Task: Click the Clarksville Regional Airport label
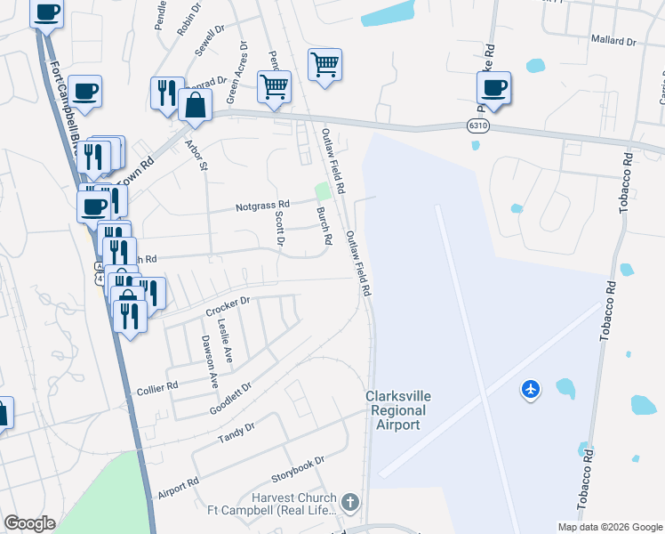[396, 410]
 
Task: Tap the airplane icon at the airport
[531, 389]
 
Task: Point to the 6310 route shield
[477, 126]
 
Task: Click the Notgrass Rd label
[262, 206]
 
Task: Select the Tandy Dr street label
[236, 433]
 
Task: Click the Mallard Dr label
[613, 41]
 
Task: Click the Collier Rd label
[157, 387]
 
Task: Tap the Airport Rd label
[178, 489]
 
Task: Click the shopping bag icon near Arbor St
[195, 104]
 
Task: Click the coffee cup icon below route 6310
[493, 88]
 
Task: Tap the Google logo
[29, 523]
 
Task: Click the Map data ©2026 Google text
[610, 527]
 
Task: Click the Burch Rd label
[324, 227]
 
